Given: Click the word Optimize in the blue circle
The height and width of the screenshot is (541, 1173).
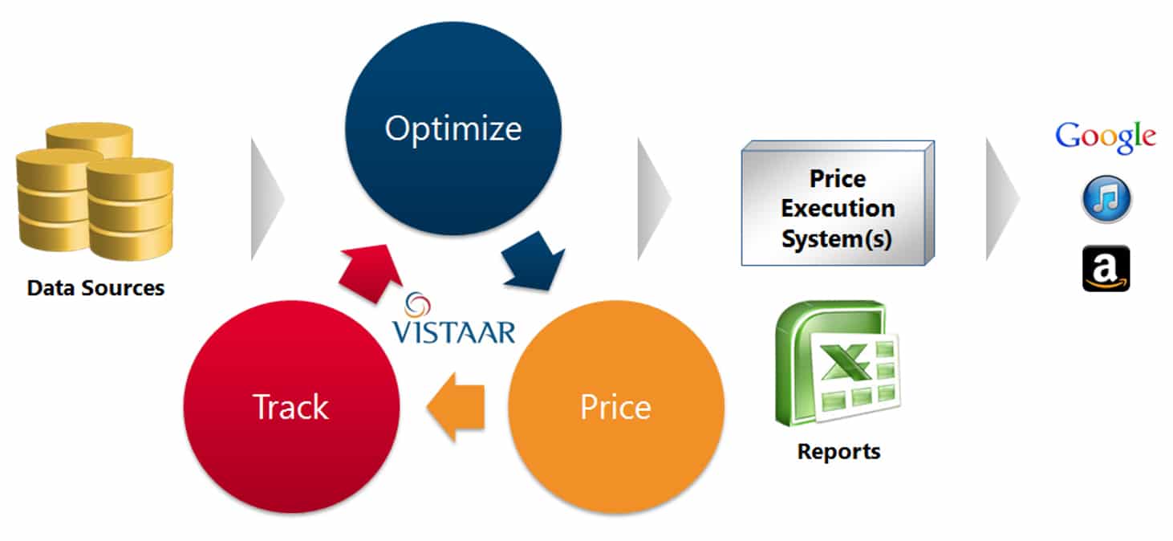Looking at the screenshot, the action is tap(453, 129).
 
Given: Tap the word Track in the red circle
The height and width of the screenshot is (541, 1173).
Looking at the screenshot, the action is tap(290, 407).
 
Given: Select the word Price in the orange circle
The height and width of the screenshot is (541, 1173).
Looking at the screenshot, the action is tap(616, 407).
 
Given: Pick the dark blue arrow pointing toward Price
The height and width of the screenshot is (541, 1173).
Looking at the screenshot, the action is tap(533, 261).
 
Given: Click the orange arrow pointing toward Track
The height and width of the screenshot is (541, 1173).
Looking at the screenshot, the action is tap(456, 407).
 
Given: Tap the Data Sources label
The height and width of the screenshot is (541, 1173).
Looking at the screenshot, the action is tap(95, 288).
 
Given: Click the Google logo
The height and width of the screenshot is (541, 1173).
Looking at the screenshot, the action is tap(1106, 136).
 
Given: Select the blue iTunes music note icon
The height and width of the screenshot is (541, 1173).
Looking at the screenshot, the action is tap(1106, 199).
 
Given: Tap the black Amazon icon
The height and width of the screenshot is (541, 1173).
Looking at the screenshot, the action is tap(1106, 268).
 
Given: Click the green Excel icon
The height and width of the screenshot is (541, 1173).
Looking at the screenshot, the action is tap(837, 364).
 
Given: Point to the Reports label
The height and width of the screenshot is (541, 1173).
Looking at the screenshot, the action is tap(838, 451).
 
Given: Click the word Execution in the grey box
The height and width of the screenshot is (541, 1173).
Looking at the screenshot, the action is tap(838, 209).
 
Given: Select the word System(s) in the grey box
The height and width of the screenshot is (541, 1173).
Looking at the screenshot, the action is tap(837, 239).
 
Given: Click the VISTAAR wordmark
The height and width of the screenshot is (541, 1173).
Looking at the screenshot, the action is tap(453, 332).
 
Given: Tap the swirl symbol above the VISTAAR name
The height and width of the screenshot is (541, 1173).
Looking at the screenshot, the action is tap(417, 305).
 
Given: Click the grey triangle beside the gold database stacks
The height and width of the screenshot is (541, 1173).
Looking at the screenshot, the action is tap(267, 199).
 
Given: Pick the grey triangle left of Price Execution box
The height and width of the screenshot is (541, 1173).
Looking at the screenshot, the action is tap(654, 199).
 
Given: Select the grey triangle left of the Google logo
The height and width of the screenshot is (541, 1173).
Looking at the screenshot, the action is tap(1002, 199).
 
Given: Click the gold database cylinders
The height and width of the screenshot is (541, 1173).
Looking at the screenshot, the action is tap(95, 191).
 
